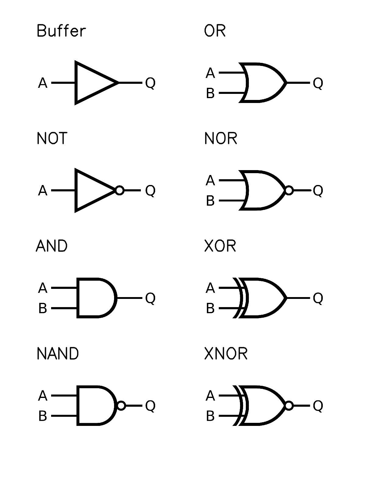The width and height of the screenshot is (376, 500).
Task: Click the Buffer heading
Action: click(x=61, y=31)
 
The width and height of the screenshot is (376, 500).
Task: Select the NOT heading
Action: click(x=52, y=139)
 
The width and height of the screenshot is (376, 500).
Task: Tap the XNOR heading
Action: click(x=226, y=354)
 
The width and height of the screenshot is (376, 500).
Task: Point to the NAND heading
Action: click(x=57, y=354)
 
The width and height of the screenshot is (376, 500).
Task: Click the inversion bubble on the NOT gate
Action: click(x=120, y=190)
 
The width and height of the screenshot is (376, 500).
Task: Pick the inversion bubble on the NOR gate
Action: click(x=289, y=190)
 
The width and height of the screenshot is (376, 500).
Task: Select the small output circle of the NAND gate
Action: click(x=121, y=406)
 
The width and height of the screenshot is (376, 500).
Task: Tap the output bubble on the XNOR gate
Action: click(x=289, y=406)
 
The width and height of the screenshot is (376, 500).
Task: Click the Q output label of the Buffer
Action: click(x=150, y=83)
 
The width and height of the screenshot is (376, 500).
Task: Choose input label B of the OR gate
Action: click(x=210, y=93)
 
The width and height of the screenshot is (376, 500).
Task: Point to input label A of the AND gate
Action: click(x=43, y=288)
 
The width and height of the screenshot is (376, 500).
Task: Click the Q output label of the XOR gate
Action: click(x=318, y=298)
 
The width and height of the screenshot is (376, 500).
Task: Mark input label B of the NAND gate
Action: click(x=43, y=416)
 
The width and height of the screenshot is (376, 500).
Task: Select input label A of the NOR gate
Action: click(x=210, y=180)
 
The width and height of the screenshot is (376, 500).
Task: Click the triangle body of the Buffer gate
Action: click(x=91, y=83)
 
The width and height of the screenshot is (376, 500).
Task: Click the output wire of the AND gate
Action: click(x=129, y=298)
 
